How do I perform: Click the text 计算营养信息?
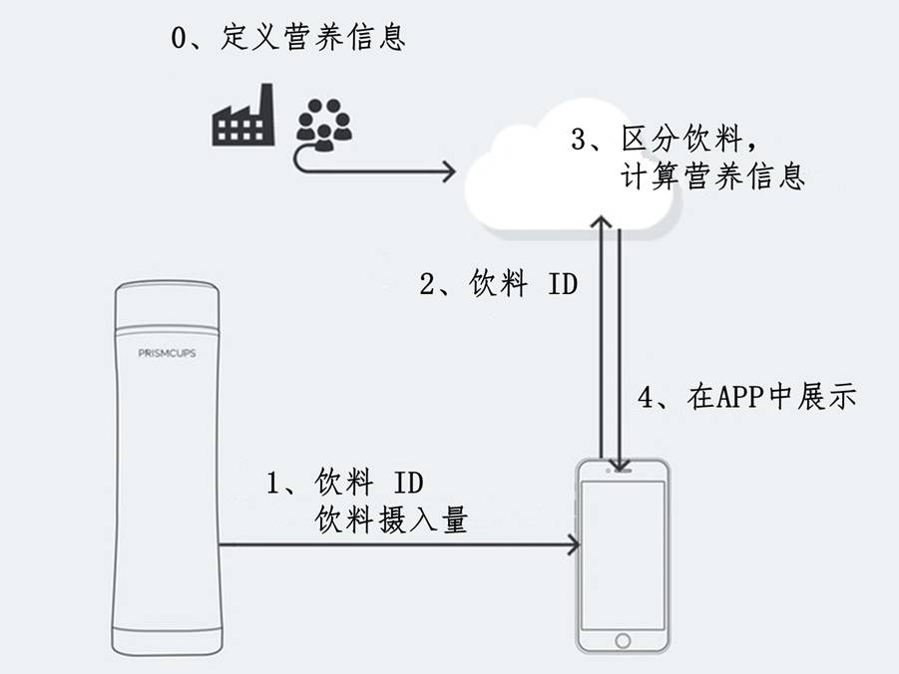tap(712, 177)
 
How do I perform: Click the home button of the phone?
tap(624, 639)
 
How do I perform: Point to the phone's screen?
tap(624, 553)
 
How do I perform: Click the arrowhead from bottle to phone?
tap(574, 544)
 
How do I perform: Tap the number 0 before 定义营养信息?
tap(181, 40)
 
